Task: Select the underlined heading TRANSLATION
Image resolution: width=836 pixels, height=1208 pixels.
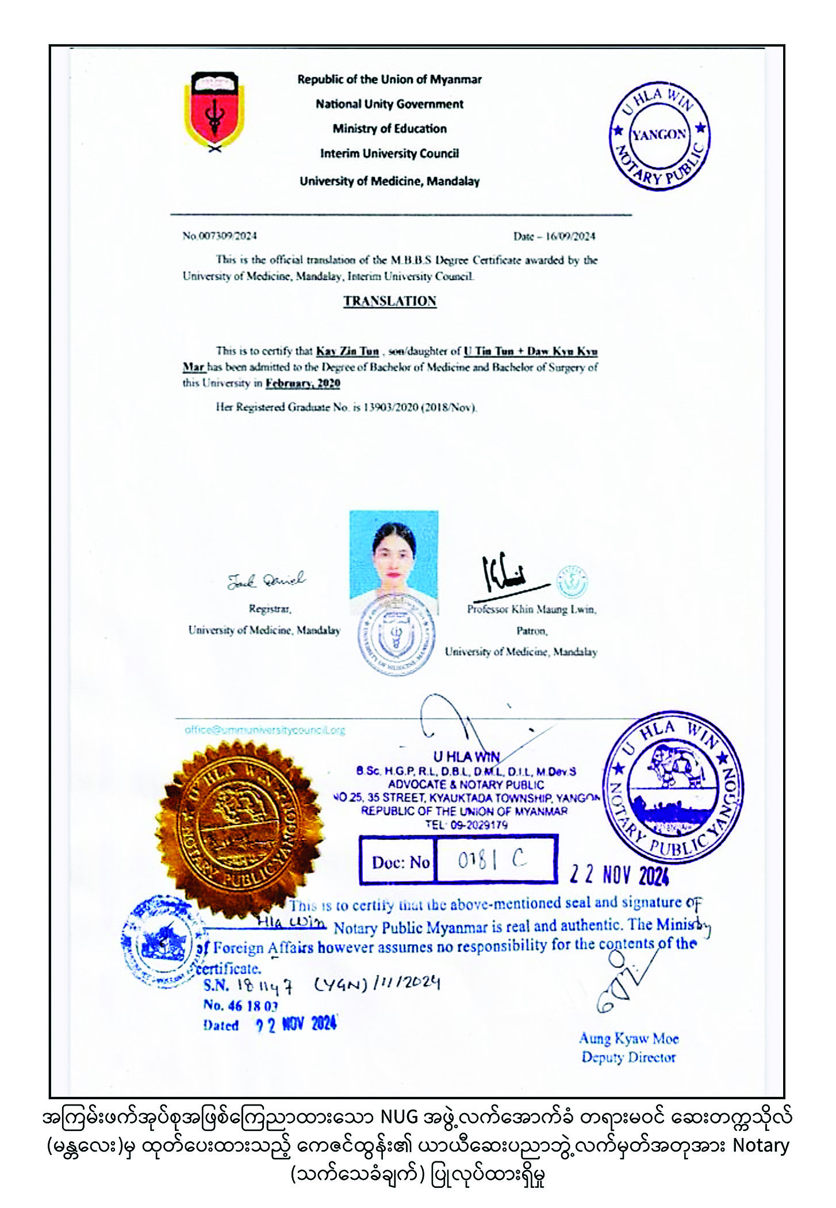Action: (390, 301)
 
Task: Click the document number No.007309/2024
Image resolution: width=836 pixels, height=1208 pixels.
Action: (220, 236)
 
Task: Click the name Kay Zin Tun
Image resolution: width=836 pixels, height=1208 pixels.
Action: (347, 351)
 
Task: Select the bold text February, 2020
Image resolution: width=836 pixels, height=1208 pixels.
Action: (302, 384)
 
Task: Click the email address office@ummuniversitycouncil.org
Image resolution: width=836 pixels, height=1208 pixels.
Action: (264, 730)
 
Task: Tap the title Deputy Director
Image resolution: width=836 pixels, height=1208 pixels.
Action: (628, 1057)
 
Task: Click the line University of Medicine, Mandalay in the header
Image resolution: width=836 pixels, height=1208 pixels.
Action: (389, 181)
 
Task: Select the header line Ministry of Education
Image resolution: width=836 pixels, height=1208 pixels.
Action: (389, 129)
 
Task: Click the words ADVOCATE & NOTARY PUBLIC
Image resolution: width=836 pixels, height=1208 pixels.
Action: (466, 785)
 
